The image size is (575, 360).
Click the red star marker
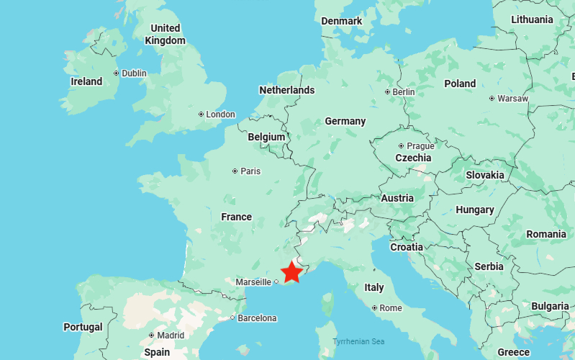click(x=291, y=272)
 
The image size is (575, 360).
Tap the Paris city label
click(x=250, y=171)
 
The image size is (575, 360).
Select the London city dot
click(x=201, y=114)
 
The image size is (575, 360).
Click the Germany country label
click(x=345, y=121)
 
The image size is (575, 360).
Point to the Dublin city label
click(x=134, y=73)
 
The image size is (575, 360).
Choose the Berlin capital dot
click(x=387, y=91)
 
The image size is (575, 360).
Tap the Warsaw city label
click(x=513, y=98)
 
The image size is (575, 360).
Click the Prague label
click(x=420, y=145)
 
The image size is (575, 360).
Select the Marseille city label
click(x=253, y=282)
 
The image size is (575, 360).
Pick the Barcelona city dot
click(x=232, y=318)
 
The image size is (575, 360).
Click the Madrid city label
click(x=171, y=335)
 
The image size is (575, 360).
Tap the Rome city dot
click(x=374, y=307)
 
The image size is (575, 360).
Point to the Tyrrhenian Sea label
click(x=359, y=341)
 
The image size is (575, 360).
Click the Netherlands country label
click(x=286, y=90)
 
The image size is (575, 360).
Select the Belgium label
click(x=266, y=137)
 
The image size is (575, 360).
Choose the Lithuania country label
click(x=533, y=19)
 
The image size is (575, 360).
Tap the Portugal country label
click(x=83, y=326)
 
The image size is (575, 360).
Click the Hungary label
click(x=475, y=210)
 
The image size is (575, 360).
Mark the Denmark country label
click(x=342, y=21)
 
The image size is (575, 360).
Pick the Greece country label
click(x=513, y=352)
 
